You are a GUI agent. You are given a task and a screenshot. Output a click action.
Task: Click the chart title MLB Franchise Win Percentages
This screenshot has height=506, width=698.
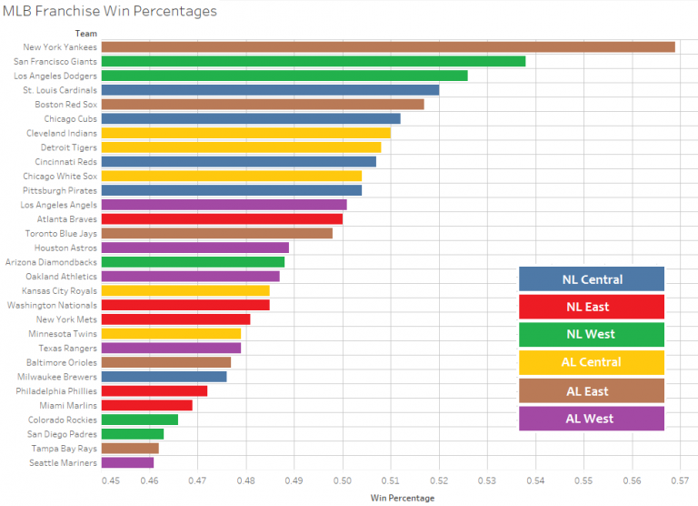point(110,12)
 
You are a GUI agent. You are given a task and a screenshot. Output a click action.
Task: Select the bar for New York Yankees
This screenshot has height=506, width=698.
point(388,46)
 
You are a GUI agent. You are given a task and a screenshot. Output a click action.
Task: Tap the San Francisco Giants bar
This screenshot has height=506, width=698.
point(313,61)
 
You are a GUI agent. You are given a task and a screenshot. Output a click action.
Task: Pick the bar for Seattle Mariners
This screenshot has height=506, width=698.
point(127,462)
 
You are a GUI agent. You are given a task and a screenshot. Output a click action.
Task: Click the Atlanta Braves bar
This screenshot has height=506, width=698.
point(222,218)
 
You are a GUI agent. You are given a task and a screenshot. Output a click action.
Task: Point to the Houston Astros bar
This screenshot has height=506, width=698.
point(195,248)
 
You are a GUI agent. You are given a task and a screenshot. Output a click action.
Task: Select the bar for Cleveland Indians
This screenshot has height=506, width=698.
point(245,133)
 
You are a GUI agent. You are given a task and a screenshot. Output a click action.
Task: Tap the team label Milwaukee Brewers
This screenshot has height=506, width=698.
point(57,376)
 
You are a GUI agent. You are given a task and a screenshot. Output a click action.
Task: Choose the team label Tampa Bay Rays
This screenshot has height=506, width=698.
point(65,448)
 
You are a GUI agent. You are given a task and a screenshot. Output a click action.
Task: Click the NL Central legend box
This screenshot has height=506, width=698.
point(591,278)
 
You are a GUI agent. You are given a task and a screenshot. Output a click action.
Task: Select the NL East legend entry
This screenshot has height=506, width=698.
point(591,307)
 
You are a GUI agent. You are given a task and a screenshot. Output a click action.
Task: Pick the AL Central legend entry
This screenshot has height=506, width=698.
point(591,362)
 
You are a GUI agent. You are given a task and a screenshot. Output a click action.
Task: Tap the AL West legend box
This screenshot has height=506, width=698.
point(591,419)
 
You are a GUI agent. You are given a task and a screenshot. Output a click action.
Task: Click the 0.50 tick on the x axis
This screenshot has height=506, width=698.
point(343,480)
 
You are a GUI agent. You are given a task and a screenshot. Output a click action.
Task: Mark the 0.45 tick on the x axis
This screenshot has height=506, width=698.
point(111,480)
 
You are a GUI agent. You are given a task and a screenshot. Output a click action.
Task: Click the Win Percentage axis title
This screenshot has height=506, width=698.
point(403,498)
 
